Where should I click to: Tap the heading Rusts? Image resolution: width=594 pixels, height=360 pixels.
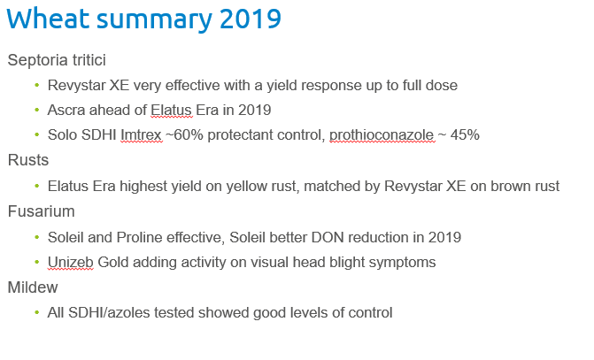[28, 161]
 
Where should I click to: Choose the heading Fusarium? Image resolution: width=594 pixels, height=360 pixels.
[41, 211]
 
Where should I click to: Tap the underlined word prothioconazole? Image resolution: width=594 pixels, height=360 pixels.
[382, 135]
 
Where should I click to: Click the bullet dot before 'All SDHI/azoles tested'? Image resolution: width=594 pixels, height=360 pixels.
[36, 312]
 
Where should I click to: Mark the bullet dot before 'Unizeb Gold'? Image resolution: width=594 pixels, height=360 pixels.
[36, 262]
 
